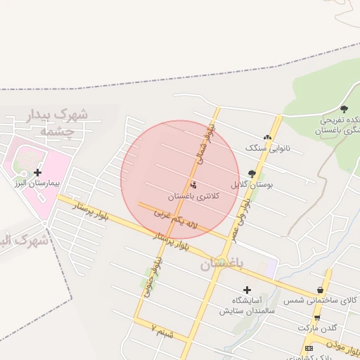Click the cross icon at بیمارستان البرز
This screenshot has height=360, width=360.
point(37,172)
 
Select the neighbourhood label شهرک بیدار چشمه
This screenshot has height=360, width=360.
point(55,122)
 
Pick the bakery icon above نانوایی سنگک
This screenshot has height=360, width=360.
point(267,138)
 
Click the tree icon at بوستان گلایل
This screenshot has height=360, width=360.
point(252,173)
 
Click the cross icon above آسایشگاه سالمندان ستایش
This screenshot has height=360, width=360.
point(247,289)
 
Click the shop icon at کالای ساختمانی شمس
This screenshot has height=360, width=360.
point(321,290)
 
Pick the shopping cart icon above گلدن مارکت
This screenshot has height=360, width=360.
point(317,317)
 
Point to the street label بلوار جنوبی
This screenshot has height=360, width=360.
point(149,276)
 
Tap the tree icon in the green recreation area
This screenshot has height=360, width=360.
point(344,109)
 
